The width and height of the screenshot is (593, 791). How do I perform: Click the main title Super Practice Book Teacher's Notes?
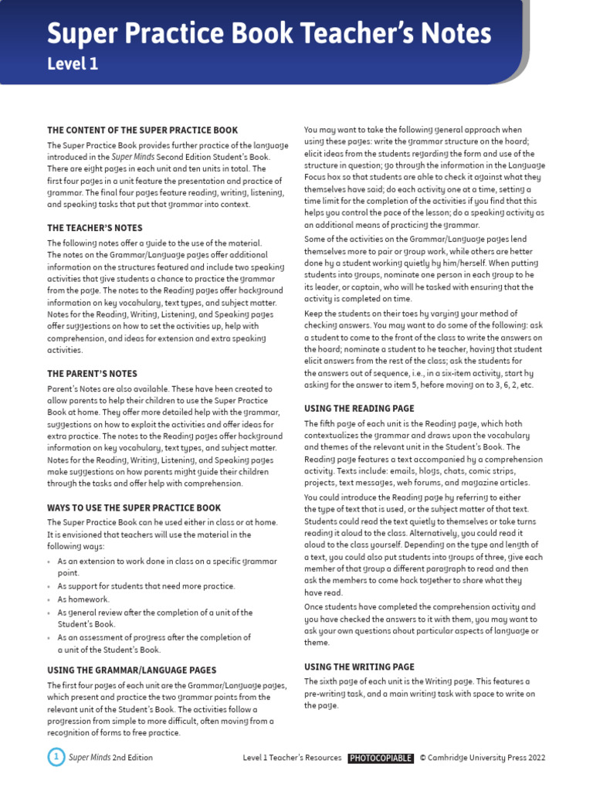point(269,34)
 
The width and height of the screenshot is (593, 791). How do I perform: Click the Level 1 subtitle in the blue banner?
point(73,65)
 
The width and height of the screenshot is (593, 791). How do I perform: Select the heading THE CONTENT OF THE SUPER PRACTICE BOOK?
point(143,131)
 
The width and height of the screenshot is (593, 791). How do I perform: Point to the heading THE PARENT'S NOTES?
point(92,374)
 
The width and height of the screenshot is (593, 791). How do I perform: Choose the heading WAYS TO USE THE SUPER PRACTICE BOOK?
point(134,508)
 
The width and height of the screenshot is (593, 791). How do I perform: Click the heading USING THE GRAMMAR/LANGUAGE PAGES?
point(132,670)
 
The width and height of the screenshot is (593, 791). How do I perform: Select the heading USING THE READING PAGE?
point(359,409)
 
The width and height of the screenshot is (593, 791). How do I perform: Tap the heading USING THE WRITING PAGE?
point(359,667)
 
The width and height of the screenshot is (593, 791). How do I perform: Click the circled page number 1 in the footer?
point(56,757)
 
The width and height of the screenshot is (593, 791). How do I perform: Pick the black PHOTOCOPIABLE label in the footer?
point(381,758)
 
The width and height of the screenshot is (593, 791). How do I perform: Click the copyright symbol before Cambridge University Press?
point(423,758)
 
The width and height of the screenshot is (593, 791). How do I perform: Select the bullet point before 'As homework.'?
point(51,599)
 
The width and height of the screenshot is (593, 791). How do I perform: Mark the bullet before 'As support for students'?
point(51,586)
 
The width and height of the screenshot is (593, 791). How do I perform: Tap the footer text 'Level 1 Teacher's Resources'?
point(292,758)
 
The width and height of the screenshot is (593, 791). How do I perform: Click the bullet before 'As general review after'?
point(51,613)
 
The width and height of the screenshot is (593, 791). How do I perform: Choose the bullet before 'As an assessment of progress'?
point(51,638)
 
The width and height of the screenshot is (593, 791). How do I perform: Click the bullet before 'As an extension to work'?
point(51,561)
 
